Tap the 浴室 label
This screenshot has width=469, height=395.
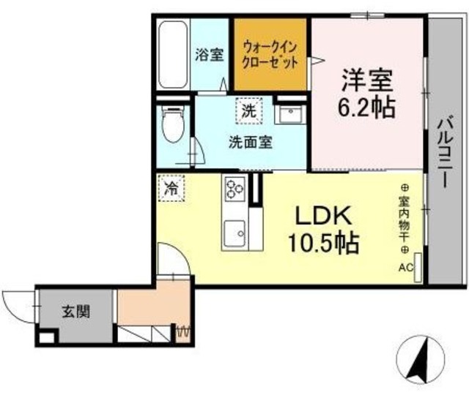(x=210, y=54)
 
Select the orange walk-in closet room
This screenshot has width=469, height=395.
(x=270, y=56)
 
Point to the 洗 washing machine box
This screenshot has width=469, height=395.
(x=249, y=111)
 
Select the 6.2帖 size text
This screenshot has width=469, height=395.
(x=366, y=108)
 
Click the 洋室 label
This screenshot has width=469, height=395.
(x=366, y=78)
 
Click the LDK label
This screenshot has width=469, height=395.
(x=325, y=217)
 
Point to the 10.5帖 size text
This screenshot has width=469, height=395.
(x=327, y=244)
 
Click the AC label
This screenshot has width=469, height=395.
(x=406, y=268)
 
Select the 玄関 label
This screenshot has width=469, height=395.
(x=76, y=312)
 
